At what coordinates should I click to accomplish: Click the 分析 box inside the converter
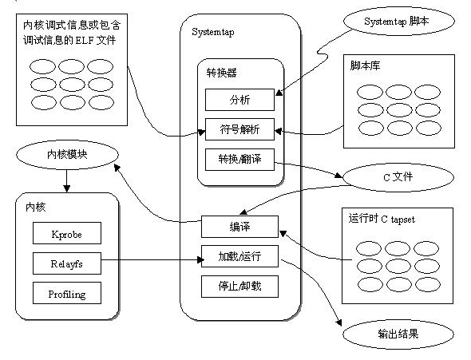[239, 100]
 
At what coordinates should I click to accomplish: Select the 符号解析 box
[239, 129]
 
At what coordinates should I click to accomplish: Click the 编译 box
[239, 227]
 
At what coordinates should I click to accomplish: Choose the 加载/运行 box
[239, 256]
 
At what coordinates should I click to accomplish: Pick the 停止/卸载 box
[239, 285]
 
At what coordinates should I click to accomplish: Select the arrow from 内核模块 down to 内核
[67, 184]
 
